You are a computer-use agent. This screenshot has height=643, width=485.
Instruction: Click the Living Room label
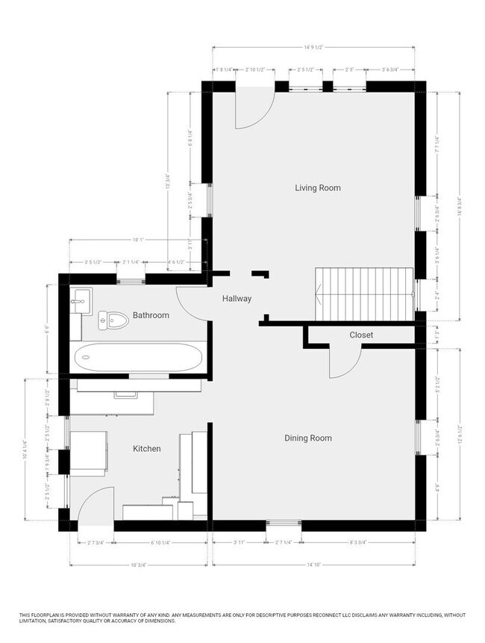click(317, 188)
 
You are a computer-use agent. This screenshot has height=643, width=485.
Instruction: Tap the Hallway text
click(237, 299)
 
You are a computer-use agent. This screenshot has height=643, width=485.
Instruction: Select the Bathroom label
click(151, 315)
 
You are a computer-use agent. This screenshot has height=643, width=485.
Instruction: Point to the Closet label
click(361, 335)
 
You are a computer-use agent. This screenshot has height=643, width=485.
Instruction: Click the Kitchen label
click(146, 449)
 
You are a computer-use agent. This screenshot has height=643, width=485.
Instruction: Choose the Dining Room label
click(307, 438)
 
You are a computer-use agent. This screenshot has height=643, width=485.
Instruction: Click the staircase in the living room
click(364, 293)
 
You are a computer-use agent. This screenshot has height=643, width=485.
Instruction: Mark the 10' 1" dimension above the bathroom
click(137, 240)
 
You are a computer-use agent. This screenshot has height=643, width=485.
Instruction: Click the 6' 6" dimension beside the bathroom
click(48, 327)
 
